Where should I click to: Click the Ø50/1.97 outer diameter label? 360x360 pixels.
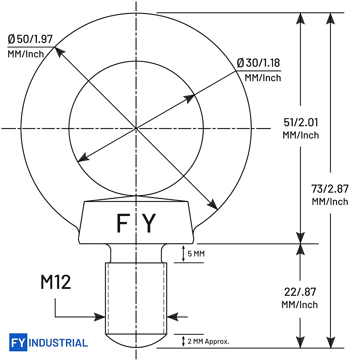[30, 39]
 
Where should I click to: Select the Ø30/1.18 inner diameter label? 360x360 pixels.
[258, 63]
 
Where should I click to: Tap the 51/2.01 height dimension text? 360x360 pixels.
[301, 123]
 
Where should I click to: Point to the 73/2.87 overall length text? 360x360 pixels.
[330, 189]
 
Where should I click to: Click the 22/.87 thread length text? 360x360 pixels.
[300, 292]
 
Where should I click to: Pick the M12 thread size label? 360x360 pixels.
[55, 282]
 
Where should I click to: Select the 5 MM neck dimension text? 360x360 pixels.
[196, 254]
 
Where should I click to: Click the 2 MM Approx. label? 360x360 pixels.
[208, 341]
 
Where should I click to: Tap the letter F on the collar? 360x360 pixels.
[122, 223]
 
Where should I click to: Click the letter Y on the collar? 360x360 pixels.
[149, 223]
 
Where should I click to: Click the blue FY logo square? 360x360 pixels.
[18, 342]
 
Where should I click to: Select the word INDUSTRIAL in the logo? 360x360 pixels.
[58, 343]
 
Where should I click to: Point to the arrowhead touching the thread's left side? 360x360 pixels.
[100, 316]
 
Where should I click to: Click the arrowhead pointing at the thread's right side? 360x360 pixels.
[172, 316]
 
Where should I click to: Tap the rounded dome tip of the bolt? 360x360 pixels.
[136, 341]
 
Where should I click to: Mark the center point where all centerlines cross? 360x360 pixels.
[136, 128]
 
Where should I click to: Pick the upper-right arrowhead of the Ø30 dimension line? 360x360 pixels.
[189, 98]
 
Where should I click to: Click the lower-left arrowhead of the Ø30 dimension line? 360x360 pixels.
[83, 158]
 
